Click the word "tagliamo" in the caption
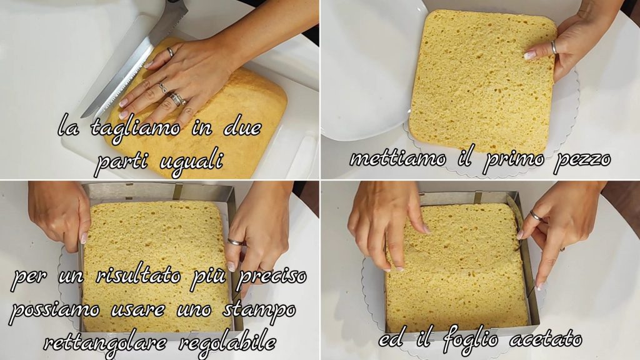click(x=135, y=127)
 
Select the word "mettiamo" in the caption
click(x=397, y=158)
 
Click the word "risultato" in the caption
click(x=137, y=276)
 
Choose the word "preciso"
click(x=271, y=277)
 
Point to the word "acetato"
click(x=545, y=339)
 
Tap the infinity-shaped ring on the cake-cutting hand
click(x=163, y=87)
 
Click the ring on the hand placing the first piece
click(x=554, y=47)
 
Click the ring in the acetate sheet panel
click(x=536, y=216)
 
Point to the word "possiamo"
click(x=54, y=310)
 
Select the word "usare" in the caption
click(x=137, y=310)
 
